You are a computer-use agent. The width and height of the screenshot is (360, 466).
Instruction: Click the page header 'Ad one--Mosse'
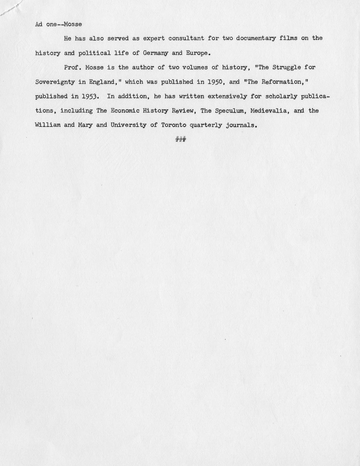[58, 25]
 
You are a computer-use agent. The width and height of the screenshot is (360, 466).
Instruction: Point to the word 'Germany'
[155, 53]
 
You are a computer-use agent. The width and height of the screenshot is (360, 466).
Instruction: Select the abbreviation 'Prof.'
[73, 67]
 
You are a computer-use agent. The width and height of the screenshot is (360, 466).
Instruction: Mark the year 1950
[215, 82]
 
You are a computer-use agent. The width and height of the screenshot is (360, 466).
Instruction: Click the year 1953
[90, 97]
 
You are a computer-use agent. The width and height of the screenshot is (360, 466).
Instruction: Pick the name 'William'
[48, 125]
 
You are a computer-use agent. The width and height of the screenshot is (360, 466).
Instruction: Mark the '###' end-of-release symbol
[181, 139]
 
